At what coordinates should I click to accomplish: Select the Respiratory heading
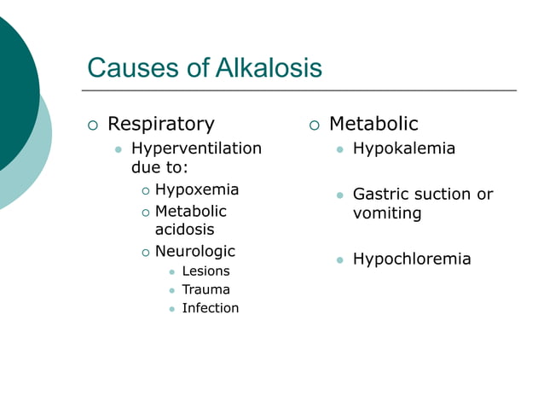pos(160,125)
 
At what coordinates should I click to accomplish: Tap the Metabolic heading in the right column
pos(373,125)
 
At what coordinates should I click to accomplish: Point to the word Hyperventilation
pos(196,149)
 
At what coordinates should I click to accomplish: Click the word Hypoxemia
pos(196,189)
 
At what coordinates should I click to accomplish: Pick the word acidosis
pos(184,230)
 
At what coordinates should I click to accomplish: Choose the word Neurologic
pos(194,252)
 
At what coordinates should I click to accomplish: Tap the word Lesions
pos(205,271)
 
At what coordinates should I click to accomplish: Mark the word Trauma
pos(205,289)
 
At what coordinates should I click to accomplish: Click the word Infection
pos(210,308)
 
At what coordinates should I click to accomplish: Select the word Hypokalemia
pos(403,149)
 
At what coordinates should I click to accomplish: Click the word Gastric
pos(382,195)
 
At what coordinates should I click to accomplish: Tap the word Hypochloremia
pos(411,259)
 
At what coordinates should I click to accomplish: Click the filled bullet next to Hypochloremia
pos(339,259)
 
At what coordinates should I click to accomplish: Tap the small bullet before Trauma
pos(171,290)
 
